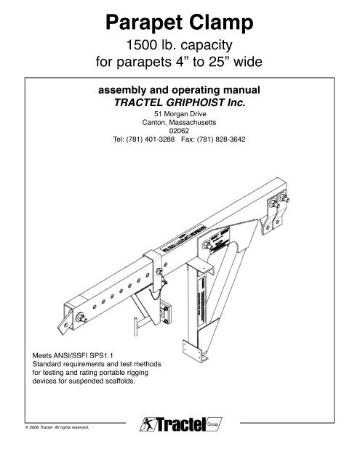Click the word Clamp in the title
point(224,23)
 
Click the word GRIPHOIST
point(205,104)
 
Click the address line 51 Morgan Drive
point(180,115)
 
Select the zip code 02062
point(180,132)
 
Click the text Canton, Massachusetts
point(180,123)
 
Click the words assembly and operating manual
point(180,92)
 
